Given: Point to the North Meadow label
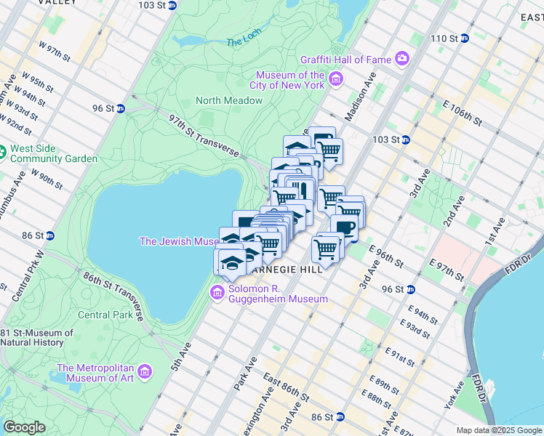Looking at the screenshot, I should point(228,100).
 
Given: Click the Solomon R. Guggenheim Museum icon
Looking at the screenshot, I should point(217,292).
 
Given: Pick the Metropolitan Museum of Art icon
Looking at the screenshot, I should point(145,373).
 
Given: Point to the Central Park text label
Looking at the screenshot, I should point(105,315).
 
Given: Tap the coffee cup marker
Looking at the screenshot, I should point(344,228).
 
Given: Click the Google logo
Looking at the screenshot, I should point(24,427).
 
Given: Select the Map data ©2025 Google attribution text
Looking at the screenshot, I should point(499,430).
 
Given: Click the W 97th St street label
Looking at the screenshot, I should point(55,53).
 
